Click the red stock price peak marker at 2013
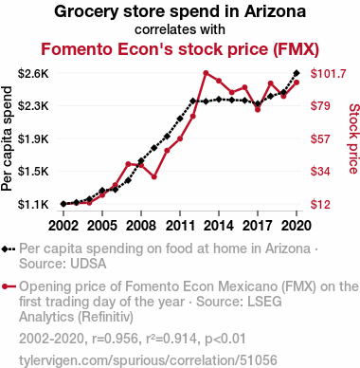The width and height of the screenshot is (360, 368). click(206, 73)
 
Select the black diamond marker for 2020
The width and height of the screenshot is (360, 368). click(297, 73)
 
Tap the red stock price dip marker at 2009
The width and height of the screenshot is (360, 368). click(154, 176)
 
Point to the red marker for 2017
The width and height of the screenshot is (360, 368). click(258, 109)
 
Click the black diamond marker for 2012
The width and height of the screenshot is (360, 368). click(193, 101)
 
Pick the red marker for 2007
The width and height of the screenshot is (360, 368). click(128, 164)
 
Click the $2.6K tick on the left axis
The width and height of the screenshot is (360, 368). click(33, 74)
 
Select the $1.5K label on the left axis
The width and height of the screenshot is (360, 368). click(33, 172)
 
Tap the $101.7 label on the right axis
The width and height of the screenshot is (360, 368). click(329, 74)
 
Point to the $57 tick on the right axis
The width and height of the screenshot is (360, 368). click(320, 138)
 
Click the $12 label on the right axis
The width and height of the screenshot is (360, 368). click(320, 205)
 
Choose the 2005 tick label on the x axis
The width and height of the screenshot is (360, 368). click(102, 226)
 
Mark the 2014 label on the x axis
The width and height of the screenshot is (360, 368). click(219, 226)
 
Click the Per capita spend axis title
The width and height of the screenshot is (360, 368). click(7, 138)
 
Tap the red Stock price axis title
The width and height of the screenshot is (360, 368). click(353, 138)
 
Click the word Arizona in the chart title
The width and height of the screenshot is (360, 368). click(275, 11)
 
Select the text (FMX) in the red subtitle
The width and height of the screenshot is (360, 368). click(296, 49)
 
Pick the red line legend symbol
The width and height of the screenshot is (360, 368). click(9, 286)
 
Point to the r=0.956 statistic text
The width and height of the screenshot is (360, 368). click(115, 339)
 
